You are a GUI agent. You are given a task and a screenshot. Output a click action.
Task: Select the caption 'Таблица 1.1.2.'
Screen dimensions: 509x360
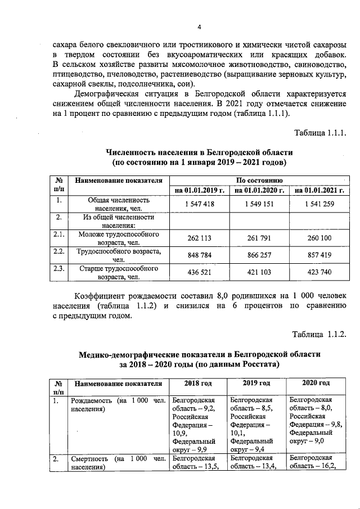click(318, 335)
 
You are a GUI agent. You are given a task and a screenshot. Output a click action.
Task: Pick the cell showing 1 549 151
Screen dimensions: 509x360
click(259, 204)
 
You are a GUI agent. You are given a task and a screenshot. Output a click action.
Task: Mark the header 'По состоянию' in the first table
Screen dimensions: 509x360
click(259, 180)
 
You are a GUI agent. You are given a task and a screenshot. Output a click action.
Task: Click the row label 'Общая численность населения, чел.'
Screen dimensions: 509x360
click(118, 204)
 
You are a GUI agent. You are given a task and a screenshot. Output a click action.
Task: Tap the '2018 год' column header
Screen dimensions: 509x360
click(198, 384)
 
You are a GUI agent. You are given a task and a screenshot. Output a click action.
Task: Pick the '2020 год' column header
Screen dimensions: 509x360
click(316, 383)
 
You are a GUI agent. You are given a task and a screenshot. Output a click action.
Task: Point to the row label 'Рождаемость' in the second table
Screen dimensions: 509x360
click(90, 401)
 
